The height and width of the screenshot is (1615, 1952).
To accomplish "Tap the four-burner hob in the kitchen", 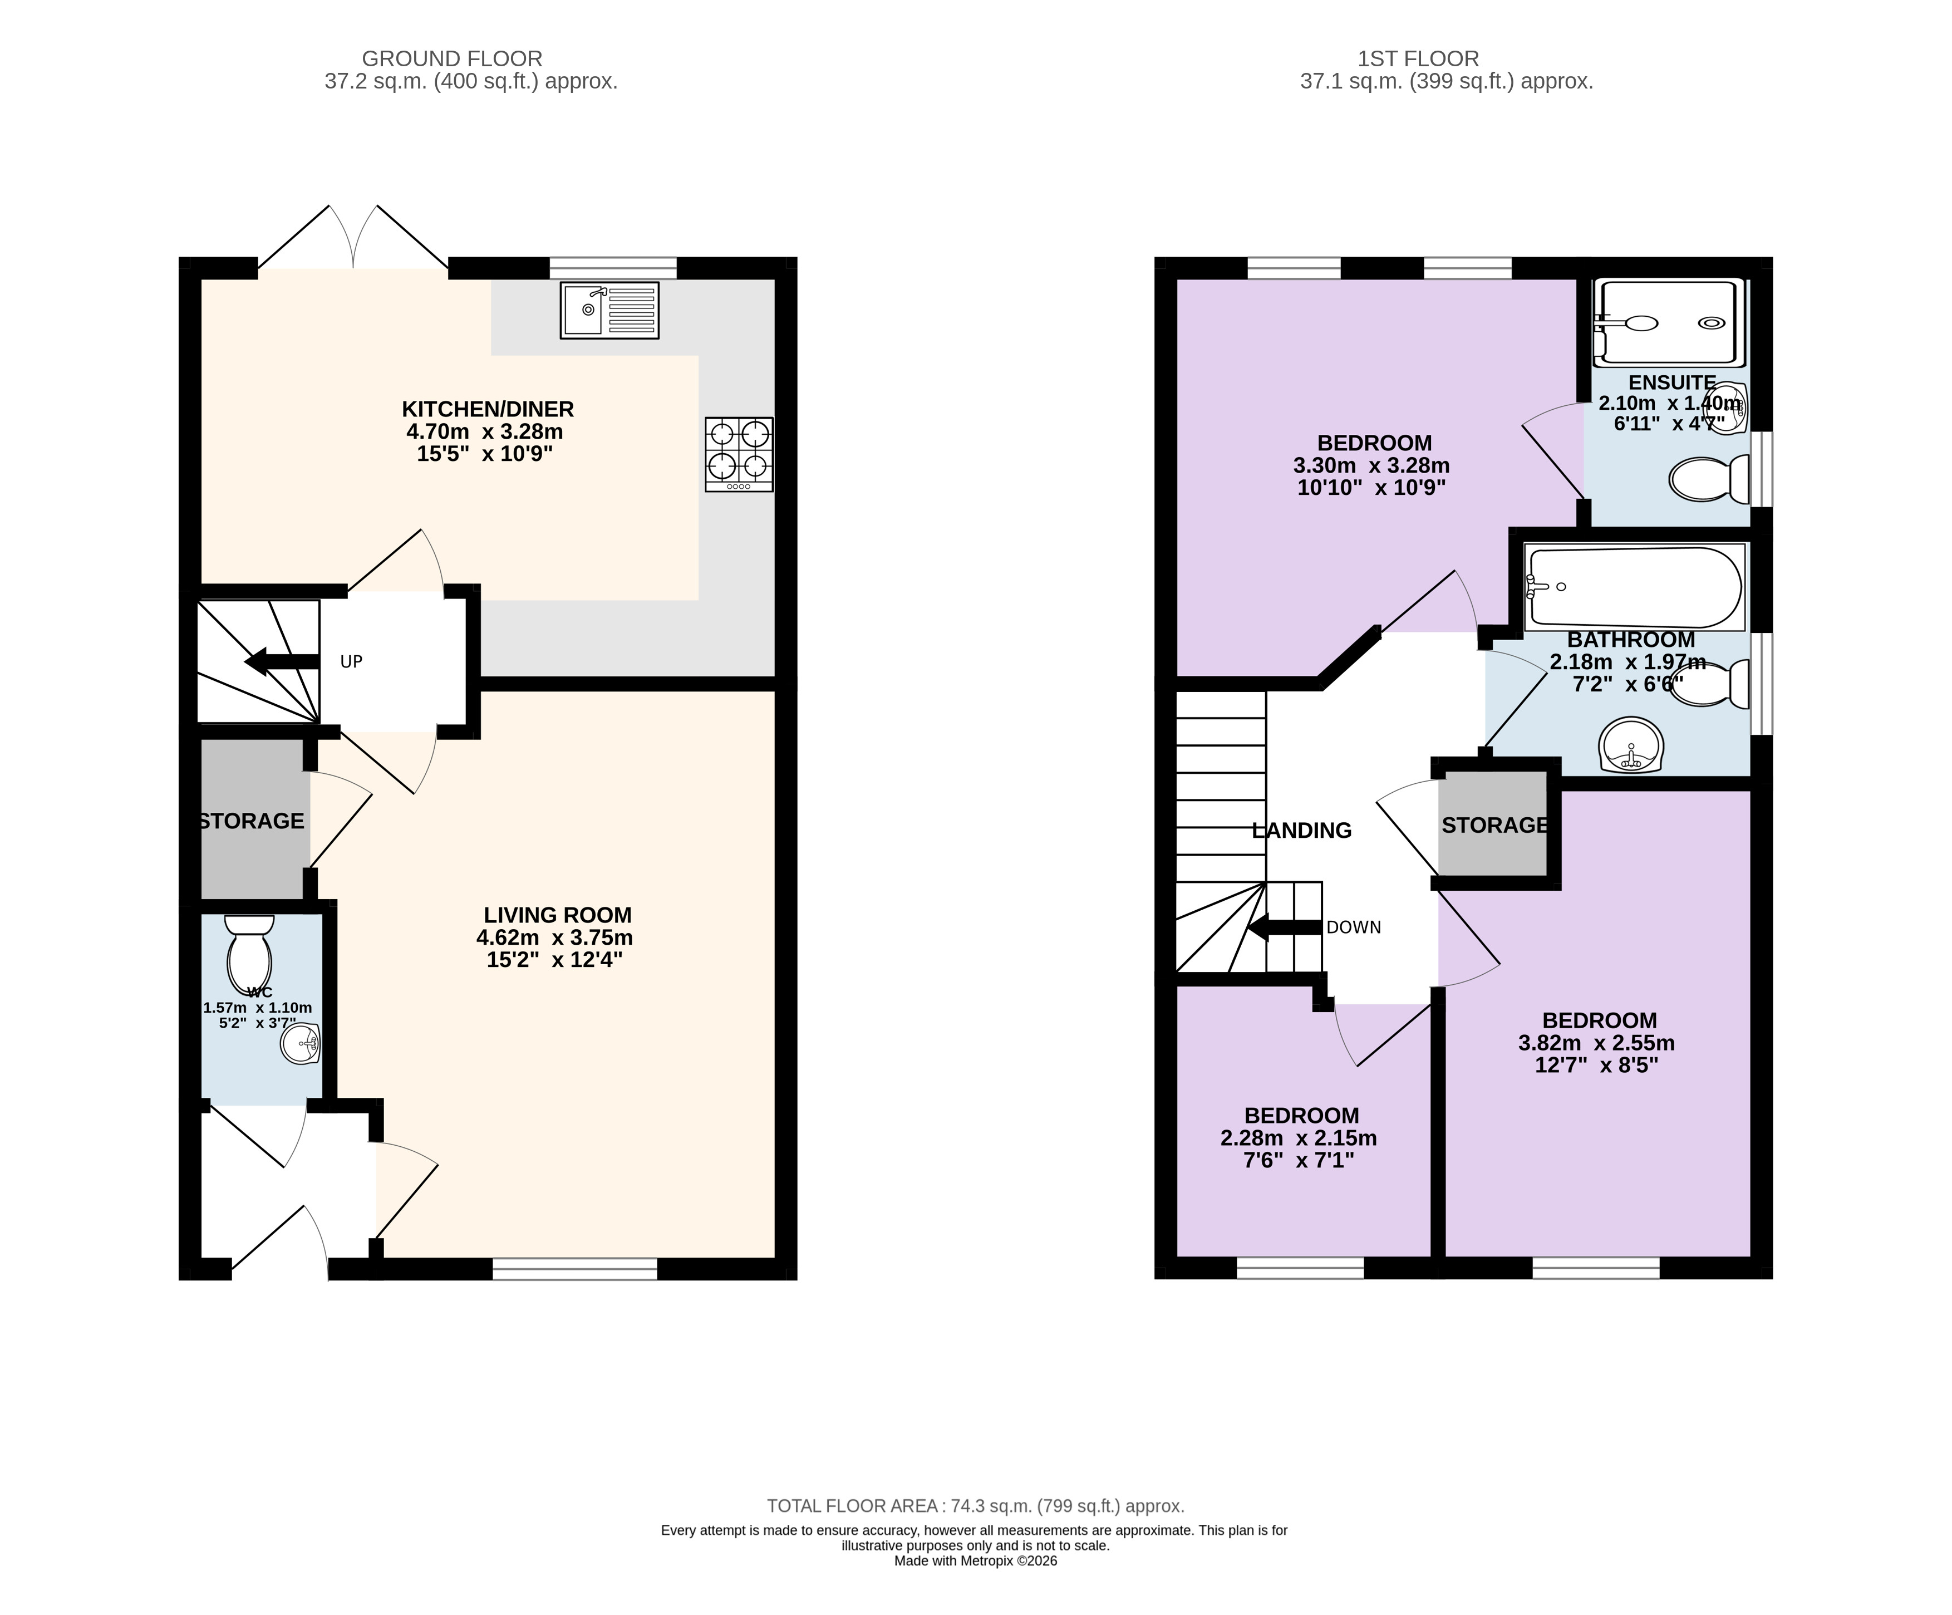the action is (x=739, y=455).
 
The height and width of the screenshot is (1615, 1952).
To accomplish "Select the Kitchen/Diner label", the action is (x=488, y=409).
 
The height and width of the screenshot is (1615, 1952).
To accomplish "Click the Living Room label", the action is (x=558, y=915).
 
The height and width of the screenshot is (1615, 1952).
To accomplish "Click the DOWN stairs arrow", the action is (x=1284, y=927).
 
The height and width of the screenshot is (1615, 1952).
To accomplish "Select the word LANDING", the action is (x=1301, y=830).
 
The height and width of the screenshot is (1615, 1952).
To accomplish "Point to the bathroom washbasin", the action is (x=1631, y=745).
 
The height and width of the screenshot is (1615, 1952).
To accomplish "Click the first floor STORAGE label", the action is (x=1494, y=826).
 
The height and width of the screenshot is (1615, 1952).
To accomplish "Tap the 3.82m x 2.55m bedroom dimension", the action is (x=1597, y=1043).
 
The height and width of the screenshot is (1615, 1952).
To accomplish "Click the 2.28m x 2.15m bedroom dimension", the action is (x=1299, y=1138).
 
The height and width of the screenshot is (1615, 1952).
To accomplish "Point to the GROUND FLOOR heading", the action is (x=452, y=58).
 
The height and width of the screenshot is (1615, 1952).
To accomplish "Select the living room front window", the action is (x=574, y=1269).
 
